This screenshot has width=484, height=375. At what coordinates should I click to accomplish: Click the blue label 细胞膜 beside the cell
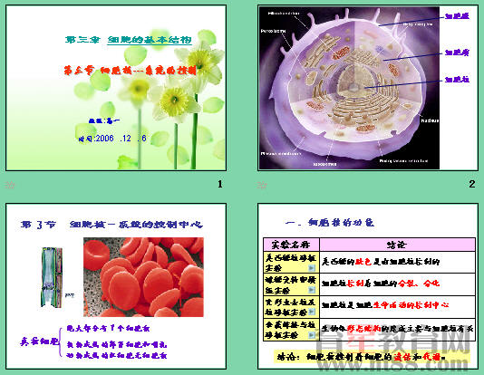point(456,15)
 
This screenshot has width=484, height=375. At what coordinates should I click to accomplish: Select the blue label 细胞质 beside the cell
point(456,53)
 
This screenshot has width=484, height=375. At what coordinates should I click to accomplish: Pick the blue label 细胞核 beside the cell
point(456,81)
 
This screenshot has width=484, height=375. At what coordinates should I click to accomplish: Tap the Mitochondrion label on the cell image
point(285,14)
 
